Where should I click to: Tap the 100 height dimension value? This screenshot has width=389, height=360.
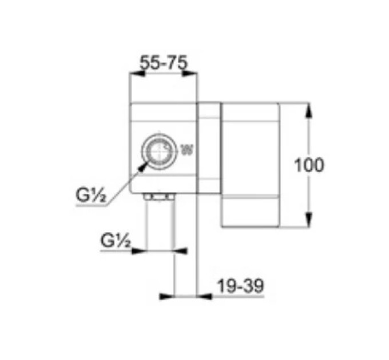tap(309, 165)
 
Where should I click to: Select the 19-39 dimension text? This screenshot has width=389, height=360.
tap(240, 286)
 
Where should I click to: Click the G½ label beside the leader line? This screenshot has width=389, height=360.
tap(91, 195)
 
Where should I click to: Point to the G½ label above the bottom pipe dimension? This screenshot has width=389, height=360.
tap(116, 240)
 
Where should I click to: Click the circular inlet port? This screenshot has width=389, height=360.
tap(160, 151)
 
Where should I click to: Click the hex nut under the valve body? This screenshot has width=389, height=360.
tap(159, 197)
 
